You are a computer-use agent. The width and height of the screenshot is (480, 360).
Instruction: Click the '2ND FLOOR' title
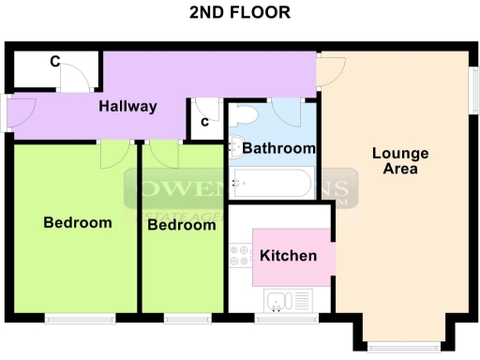tap(239, 13)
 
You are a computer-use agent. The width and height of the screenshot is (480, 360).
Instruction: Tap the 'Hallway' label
tap(128, 106)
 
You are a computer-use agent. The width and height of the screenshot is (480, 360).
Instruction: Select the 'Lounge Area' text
tap(400, 161)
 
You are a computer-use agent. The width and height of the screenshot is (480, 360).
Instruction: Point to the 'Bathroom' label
tap(278, 148)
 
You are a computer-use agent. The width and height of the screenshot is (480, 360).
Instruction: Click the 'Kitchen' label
tap(288, 256)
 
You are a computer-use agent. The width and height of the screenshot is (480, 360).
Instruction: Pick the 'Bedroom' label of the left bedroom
tap(78, 223)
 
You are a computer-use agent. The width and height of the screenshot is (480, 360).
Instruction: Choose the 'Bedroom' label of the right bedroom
tap(182, 225)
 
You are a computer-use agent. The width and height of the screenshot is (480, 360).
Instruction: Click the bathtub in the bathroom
tap(272, 183)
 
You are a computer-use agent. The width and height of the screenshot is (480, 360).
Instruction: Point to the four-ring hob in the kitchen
tap(239, 256)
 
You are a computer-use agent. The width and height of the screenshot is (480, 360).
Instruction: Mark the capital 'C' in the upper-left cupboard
tap(55, 63)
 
